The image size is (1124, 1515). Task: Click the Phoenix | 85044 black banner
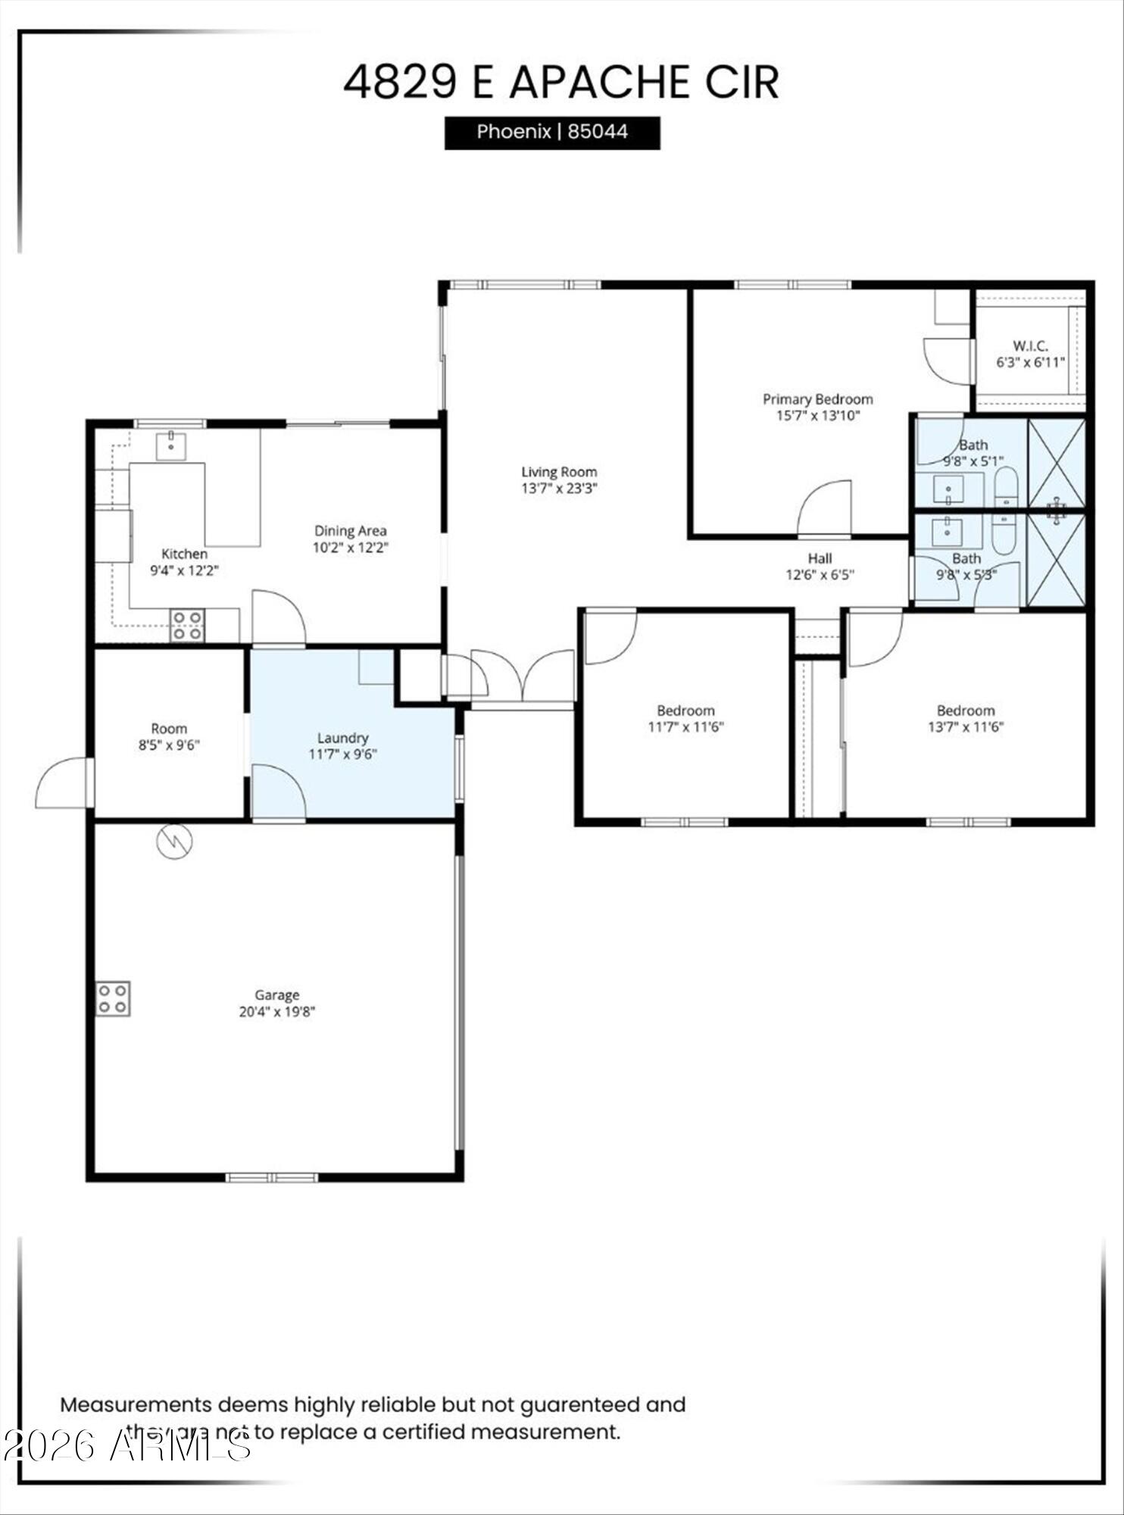tap(551, 133)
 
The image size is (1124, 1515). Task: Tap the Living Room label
tap(559, 472)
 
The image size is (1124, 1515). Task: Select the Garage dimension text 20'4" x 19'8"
tap(276, 1011)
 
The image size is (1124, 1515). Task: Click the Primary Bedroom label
tap(817, 399)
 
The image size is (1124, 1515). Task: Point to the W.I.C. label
tap(1030, 346)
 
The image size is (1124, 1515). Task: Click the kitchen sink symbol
tap(171, 445)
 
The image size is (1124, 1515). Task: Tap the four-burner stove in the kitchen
tap(187, 625)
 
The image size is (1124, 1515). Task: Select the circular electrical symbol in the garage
tap(174, 841)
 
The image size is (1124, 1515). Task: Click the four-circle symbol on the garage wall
tap(113, 998)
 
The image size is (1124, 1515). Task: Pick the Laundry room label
tap(342, 738)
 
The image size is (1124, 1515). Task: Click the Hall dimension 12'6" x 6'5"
tap(820, 575)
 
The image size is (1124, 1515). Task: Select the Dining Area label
tap(351, 531)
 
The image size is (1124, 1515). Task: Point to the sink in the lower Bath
tap(947, 530)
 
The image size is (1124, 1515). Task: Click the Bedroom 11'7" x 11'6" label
tap(685, 711)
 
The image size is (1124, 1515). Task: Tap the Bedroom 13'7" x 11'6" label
tap(965, 711)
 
